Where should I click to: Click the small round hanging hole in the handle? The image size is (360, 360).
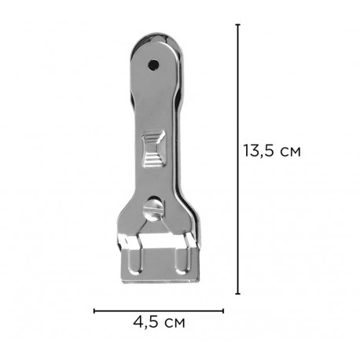click(x=153, y=64)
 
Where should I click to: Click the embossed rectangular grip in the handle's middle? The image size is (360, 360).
click(x=153, y=149)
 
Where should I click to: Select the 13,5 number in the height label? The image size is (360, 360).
click(x=259, y=151)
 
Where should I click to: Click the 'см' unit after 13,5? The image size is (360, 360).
click(x=290, y=152)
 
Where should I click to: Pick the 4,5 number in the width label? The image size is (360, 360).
click(x=145, y=322)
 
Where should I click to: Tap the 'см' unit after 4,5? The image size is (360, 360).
click(x=174, y=323)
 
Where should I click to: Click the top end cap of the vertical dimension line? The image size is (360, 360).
click(x=238, y=24)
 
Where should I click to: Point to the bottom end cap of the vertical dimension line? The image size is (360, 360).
click(x=238, y=294)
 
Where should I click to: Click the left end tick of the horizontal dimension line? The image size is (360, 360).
click(x=94, y=311)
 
